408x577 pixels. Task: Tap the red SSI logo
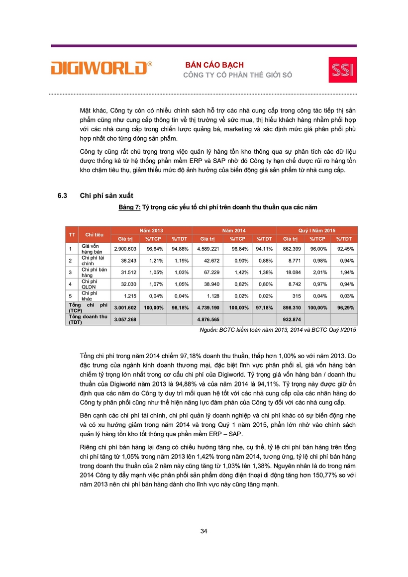tap(342, 69)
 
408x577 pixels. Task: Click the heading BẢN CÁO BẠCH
tap(214, 65)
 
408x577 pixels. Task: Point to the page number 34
tap(204, 531)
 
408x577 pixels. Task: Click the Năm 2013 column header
tap(151, 231)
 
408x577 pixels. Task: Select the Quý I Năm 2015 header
tap(316, 231)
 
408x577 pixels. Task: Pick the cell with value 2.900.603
tap(125, 248)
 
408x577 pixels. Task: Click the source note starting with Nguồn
tap(277, 329)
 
